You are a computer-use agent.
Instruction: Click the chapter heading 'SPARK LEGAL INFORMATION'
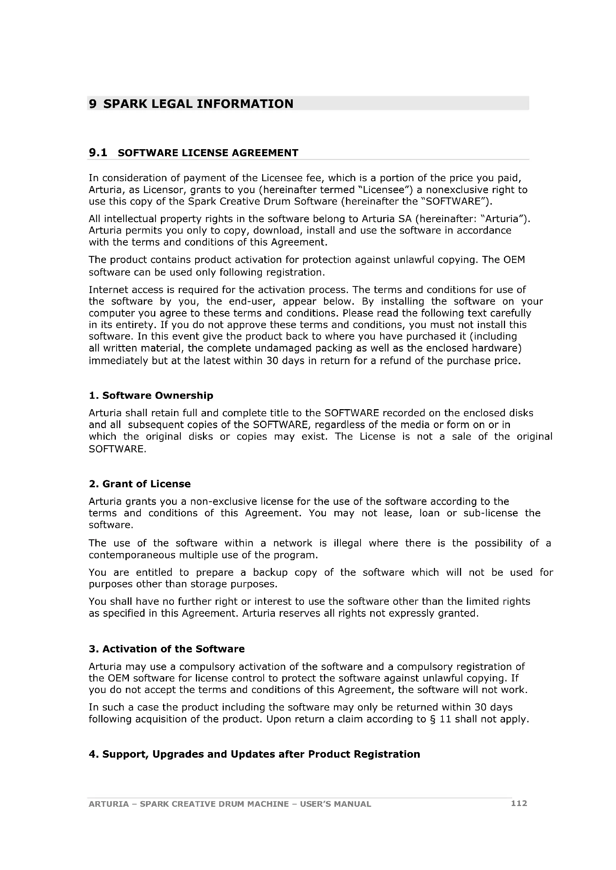[198, 103]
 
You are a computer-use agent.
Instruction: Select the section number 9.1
[98, 153]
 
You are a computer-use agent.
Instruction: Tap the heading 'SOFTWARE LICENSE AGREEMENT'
[208, 153]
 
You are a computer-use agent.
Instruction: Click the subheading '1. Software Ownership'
[151, 396]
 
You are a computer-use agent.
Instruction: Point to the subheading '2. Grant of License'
[140, 484]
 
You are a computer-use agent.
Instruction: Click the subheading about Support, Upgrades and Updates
[254, 754]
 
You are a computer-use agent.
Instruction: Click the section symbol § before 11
[432, 719]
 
